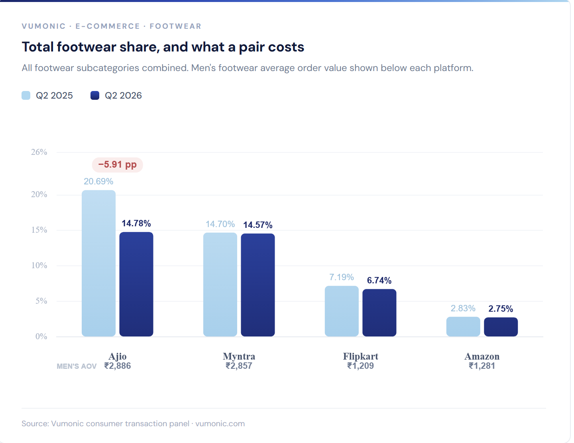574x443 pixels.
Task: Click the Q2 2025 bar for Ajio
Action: pyautogui.click(x=98, y=263)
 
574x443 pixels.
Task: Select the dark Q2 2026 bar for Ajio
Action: pyautogui.click(x=136, y=284)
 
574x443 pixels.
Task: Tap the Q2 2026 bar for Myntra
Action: pyautogui.click(x=258, y=285)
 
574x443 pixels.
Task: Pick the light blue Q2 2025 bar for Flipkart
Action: pyautogui.click(x=342, y=311)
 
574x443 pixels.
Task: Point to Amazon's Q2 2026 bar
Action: pyautogui.click(x=501, y=327)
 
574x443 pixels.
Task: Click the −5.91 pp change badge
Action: pyautogui.click(x=117, y=164)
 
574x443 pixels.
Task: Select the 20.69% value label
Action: pyautogui.click(x=98, y=182)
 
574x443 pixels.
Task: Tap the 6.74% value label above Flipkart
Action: pyautogui.click(x=379, y=280)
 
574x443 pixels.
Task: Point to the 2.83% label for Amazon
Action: pyautogui.click(x=463, y=309)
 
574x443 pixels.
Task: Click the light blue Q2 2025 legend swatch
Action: pyautogui.click(x=26, y=95)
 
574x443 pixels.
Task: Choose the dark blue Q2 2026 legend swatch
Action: pyautogui.click(x=95, y=95)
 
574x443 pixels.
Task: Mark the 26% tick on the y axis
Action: pyautogui.click(x=39, y=152)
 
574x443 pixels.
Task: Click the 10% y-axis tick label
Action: pyautogui.click(x=39, y=265)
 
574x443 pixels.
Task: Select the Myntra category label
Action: pyautogui.click(x=239, y=356)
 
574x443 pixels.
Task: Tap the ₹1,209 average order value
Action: pyautogui.click(x=361, y=366)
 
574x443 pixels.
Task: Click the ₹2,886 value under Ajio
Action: pyautogui.click(x=118, y=366)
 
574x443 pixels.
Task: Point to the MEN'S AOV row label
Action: pyautogui.click(x=77, y=366)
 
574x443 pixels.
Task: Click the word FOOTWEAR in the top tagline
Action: pyautogui.click(x=176, y=26)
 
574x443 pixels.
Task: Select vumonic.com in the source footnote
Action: pyautogui.click(x=220, y=424)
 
